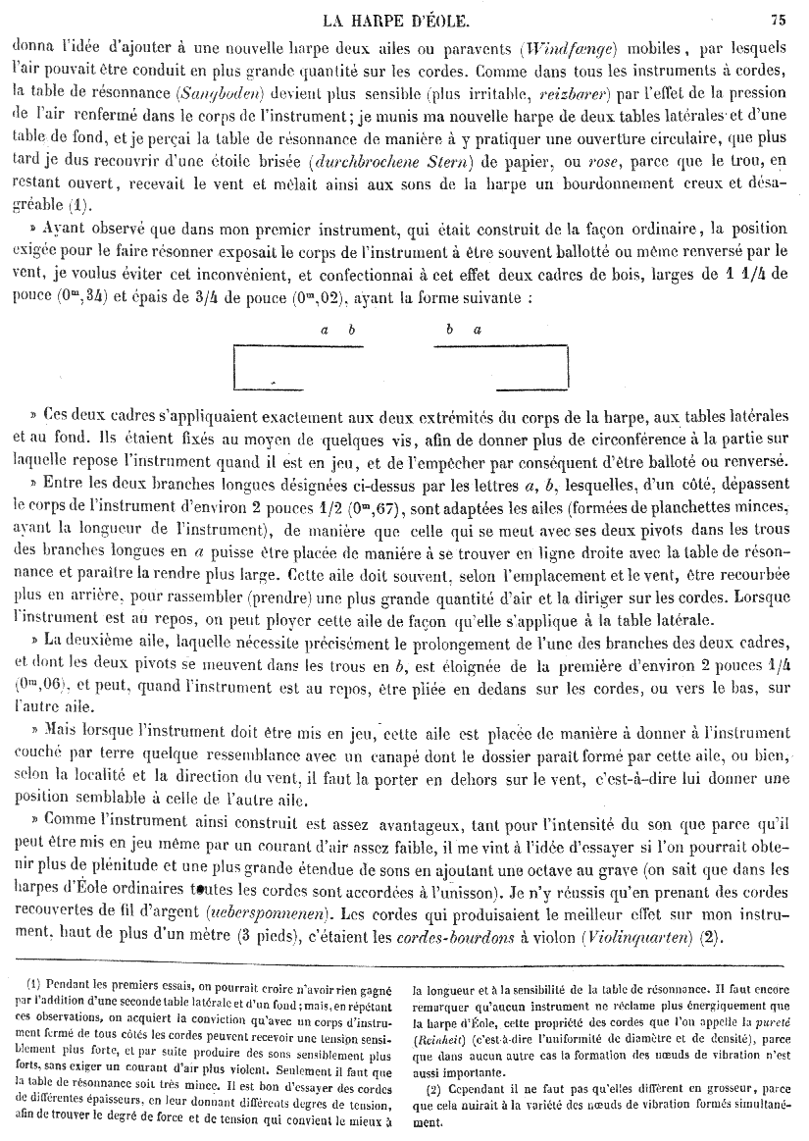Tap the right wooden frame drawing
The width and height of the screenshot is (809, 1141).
(501, 368)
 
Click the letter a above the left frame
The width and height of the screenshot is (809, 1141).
(325, 331)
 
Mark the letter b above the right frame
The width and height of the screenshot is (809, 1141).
(447, 331)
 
